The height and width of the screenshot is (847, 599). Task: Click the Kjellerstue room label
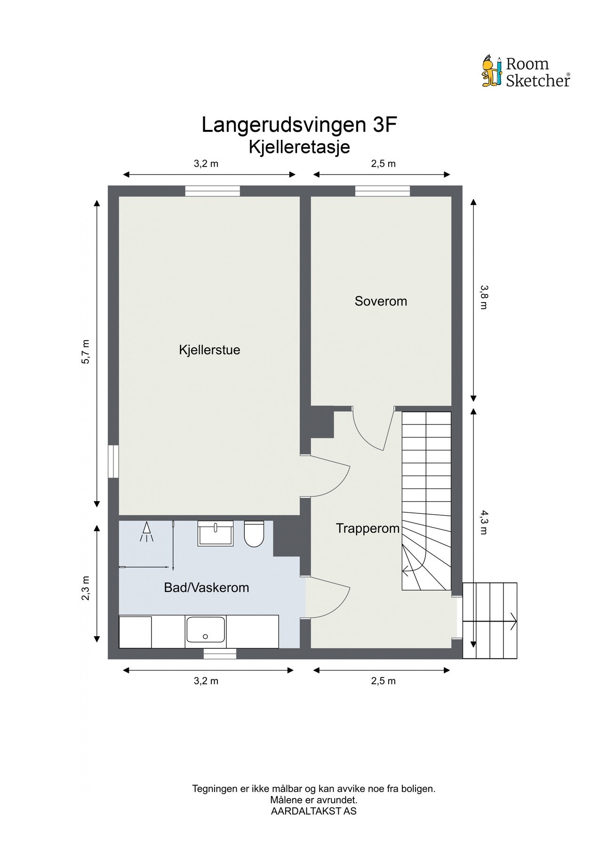pyautogui.click(x=209, y=350)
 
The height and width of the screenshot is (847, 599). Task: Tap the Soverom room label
pyautogui.click(x=381, y=301)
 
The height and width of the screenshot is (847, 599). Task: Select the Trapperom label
pyautogui.click(x=367, y=528)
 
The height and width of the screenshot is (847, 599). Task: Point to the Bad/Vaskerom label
pyautogui.click(x=206, y=588)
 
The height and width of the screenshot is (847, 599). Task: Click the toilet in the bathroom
pyautogui.click(x=254, y=534)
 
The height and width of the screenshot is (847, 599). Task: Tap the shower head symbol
pyautogui.click(x=147, y=532)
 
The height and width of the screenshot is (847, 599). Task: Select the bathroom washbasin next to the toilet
pyautogui.click(x=216, y=533)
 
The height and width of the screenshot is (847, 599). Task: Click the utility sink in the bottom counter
pyautogui.click(x=206, y=630)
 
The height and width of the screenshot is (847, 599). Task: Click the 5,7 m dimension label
pyautogui.click(x=86, y=352)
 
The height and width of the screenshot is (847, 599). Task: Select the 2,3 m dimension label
pyautogui.click(x=86, y=588)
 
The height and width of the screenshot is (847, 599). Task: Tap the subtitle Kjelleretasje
pyautogui.click(x=299, y=147)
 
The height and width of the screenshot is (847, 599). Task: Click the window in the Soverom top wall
pyautogui.click(x=382, y=191)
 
